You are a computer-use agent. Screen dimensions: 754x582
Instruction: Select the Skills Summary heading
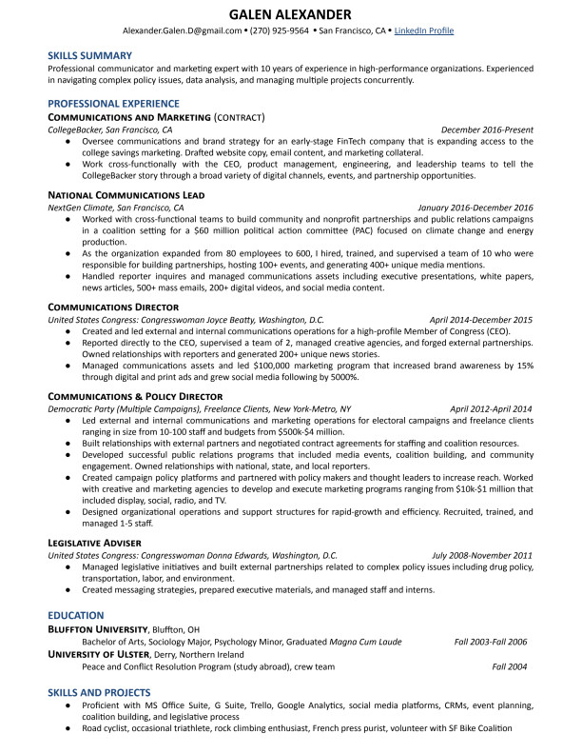[90, 56]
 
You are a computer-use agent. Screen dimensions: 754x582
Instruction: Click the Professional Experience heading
[114, 103]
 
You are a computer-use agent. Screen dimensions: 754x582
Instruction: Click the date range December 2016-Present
[487, 129]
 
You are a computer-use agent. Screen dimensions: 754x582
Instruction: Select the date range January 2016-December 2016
[475, 208]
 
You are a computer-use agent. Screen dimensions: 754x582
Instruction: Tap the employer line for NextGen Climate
[116, 208]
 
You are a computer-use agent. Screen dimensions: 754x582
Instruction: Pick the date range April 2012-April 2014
[491, 409]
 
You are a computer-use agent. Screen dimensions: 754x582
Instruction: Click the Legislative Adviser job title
[92, 542]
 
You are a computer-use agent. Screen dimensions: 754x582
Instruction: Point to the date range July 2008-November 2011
[482, 555]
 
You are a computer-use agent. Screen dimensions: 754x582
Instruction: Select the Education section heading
[76, 616]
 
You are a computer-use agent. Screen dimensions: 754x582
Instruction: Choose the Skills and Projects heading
[99, 692]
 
